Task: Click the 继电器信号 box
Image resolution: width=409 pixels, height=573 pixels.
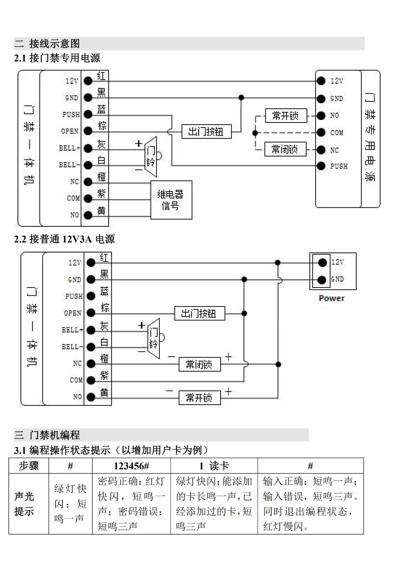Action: pyautogui.click(x=171, y=200)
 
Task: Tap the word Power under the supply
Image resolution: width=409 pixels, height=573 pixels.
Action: pyautogui.click(x=332, y=298)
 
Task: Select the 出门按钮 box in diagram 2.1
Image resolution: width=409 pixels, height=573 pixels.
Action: pyautogui.click(x=206, y=132)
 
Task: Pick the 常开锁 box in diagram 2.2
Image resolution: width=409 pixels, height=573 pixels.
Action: pyautogui.click(x=199, y=398)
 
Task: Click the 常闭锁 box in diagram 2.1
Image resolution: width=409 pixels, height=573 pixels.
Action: pyautogui.click(x=285, y=149)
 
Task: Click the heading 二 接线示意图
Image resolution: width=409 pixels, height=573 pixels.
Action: pyautogui.click(x=47, y=44)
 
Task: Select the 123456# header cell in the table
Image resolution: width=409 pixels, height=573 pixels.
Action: pyautogui.click(x=131, y=466)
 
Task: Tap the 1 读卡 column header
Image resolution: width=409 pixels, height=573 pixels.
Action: pyautogui.click(x=214, y=466)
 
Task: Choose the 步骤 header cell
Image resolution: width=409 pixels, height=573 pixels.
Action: pyautogui.click(x=29, y=466)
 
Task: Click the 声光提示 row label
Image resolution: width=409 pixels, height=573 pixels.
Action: pyautogui.click(x=24, y=504)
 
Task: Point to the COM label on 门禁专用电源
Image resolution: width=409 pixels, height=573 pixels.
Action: pyautogui.click(x=337, y=133)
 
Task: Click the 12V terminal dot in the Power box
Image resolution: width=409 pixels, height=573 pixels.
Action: pyautogui.click(x=322, y=263)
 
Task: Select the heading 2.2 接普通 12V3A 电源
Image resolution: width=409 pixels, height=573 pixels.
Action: pyautogui.click(x=64, y=239)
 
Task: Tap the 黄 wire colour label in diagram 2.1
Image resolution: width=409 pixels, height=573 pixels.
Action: pyautogui.click(x=101, y=211)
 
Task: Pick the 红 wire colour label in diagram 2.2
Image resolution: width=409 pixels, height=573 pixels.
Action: pyautogui.click(x=104, y=257)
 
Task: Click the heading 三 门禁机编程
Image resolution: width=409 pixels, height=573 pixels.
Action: pyautogui.click(x=47, y=435)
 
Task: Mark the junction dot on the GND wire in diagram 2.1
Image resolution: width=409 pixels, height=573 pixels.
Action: pyautogui.click(x=241, y=97)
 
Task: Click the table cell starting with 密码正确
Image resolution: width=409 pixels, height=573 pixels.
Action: pyautogui.click(x=131, y=504)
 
